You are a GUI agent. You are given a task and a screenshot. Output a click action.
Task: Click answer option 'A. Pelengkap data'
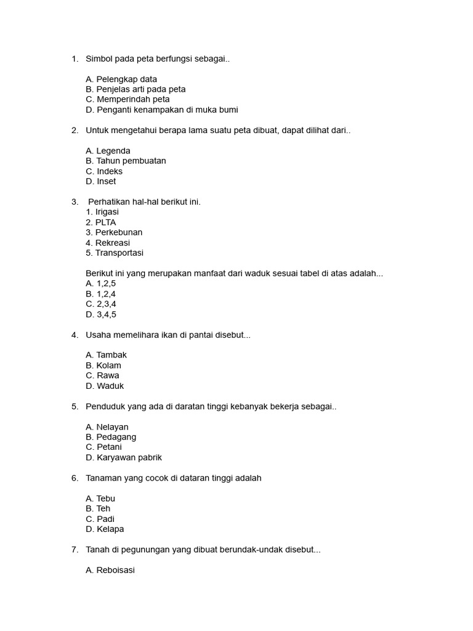121,79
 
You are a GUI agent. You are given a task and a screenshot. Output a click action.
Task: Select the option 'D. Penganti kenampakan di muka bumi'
162,110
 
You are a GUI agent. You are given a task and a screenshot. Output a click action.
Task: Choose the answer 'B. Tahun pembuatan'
126,161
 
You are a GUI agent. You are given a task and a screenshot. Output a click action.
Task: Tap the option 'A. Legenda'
108,150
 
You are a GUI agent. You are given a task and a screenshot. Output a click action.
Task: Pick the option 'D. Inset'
101,181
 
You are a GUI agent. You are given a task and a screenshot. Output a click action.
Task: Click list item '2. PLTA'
101,222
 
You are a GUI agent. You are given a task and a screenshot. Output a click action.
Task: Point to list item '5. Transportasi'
115,253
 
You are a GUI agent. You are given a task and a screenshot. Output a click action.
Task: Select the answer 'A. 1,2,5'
101,283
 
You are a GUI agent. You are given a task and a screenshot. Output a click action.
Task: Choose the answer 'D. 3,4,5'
101,314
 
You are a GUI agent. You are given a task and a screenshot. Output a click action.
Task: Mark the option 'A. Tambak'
107,355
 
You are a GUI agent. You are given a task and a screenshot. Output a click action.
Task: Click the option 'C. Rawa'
103,375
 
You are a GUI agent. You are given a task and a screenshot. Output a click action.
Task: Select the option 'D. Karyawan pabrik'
124,457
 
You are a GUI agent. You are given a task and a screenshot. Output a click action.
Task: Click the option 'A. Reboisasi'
110,570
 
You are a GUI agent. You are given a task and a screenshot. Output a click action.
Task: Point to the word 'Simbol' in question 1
99,59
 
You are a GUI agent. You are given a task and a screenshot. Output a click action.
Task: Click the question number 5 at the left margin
75,406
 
